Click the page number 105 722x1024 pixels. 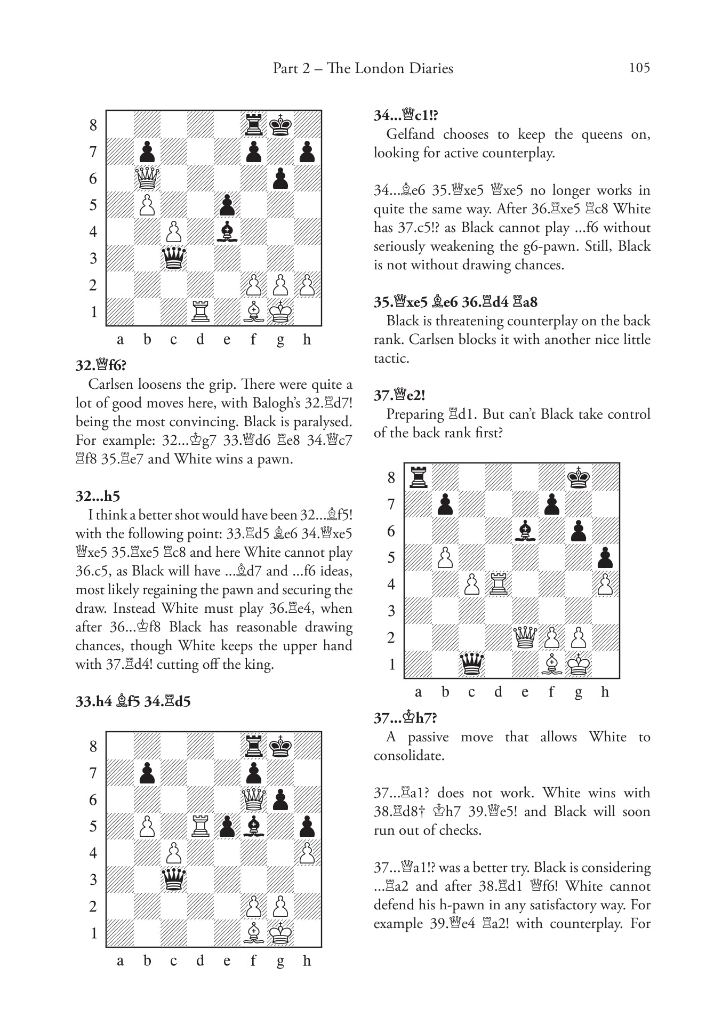[639, 68]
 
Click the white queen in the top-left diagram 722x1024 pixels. [147, 178]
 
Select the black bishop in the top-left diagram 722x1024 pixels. [227, 231]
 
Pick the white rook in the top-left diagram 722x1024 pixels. [200, 311]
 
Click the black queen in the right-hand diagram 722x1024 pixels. [471, 664]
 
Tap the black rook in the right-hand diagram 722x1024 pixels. [418, 477]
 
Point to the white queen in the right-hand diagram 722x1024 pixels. [525, 637]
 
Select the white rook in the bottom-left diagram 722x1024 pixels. [200, 826]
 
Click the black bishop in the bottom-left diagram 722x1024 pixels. [254, 826]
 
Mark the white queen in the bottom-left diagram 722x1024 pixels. [254, 799]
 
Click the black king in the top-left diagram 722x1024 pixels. [280, 125]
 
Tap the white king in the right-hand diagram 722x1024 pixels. [578, 664]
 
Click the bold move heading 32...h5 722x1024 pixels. [98, 496]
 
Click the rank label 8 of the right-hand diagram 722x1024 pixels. [391, 477]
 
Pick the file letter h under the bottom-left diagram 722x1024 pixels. [307, 961]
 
